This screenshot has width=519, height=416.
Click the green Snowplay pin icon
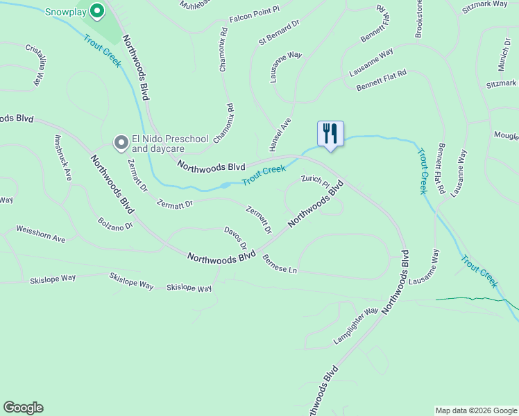click(97, 11)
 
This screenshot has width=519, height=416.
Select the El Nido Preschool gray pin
click(121, 143)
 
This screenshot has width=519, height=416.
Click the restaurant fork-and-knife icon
click(330, 132)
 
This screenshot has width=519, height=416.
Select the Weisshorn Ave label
click(40, 234)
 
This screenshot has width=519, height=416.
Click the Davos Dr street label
click(236, 238)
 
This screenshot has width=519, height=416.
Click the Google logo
click(23, 408)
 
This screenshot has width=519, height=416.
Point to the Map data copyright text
click(476, 410)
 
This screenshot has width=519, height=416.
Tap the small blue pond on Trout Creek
click(225, 186)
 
